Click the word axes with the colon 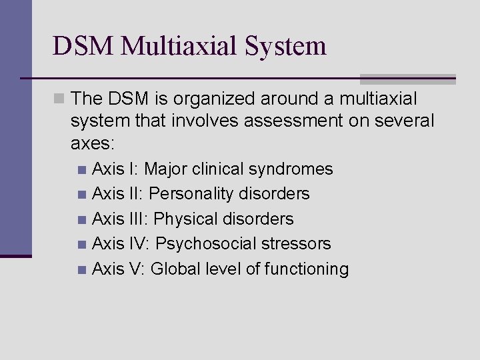coord(93,143)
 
